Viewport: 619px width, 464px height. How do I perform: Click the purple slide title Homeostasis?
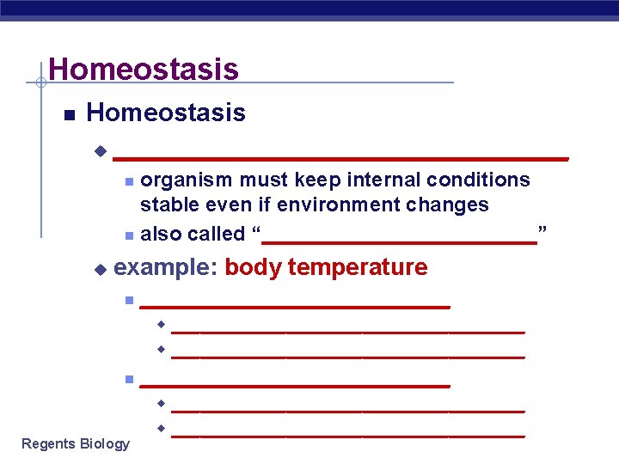(144, 69)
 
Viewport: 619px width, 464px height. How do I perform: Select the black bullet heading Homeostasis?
(166, 113)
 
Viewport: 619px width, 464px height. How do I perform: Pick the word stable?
(168, 205)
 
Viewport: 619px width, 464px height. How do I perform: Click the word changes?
(450, 205)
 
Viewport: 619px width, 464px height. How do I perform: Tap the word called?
(218, 234)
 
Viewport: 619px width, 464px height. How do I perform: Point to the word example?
(165, 267)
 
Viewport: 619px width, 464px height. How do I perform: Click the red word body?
(253, 267)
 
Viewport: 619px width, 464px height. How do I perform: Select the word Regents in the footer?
(48, 444)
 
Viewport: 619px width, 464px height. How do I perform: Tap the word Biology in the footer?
(105, 444)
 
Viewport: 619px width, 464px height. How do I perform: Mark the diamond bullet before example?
(99, 269)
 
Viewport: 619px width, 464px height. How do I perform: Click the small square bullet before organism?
(127, 181)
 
